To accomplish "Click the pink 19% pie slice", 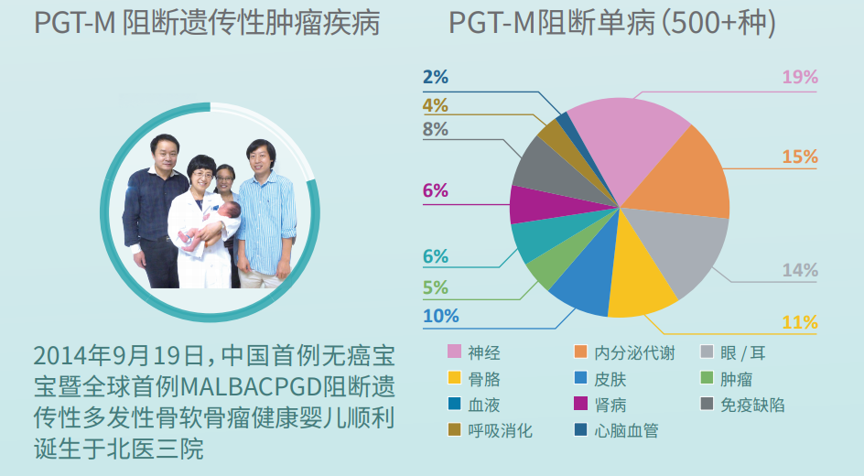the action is (x=628, y=143).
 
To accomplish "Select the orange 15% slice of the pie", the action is (x=684, y=177).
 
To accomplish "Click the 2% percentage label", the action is (x=436, y=77).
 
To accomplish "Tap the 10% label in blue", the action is (x=441, y=316).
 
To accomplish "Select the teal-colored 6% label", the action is (x=436, y=256).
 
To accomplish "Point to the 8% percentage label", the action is (x=436, y=129).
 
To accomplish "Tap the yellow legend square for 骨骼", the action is (x=454, y=378).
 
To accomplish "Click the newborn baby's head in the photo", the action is (x=230, y=212).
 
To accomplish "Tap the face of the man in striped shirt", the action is (x=260, y=158).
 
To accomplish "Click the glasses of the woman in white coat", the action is (x=202, y=175).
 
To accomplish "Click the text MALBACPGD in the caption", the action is (x=252, y=386).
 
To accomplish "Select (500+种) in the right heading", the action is (x=718, y=23).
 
